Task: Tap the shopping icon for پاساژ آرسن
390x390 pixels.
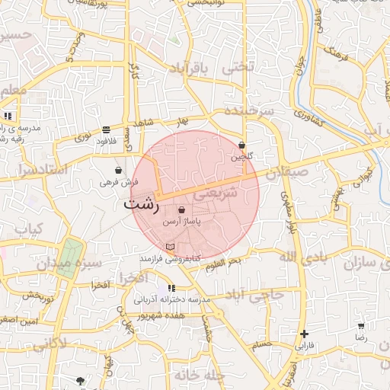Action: pos(181,209)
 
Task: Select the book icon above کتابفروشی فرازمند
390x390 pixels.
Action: pos(169,247)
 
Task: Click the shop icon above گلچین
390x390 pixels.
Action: pos(241,145)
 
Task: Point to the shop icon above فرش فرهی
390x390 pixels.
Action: pos(118,170)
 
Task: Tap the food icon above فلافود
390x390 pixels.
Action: pos(105,129)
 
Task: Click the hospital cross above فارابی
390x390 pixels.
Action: pos(305,334)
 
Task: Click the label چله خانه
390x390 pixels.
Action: pos(197,375)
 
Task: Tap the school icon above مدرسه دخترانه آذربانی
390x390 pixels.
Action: pos(171,288)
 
